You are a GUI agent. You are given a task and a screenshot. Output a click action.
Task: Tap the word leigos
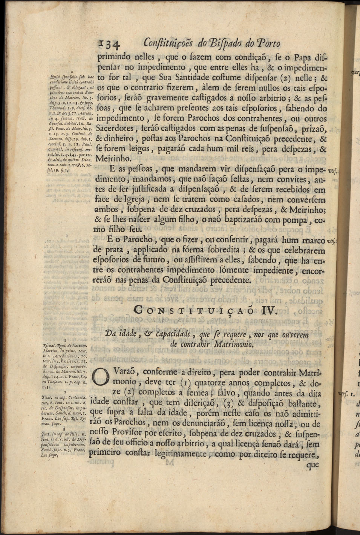pos(139,149)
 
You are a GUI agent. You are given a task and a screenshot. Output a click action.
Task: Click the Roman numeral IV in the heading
pos(268,310)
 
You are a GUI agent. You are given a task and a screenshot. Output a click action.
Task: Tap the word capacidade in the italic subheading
pos(174,334)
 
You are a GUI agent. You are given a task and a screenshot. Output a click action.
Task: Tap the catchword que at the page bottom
pos(313,464)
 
